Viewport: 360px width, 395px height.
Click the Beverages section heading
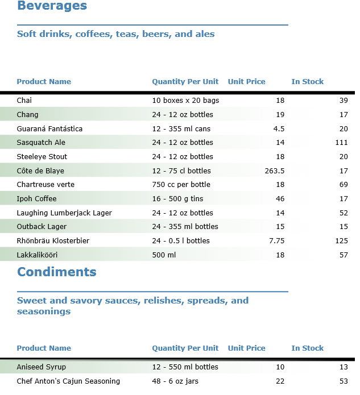point(52,6)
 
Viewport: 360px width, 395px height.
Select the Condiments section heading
point(57,272)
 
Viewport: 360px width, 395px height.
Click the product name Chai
point(24,101)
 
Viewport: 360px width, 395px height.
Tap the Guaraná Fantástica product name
point(49,129)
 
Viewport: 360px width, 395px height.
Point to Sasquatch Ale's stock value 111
point(341,143)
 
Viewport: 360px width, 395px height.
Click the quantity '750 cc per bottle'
point(181,185)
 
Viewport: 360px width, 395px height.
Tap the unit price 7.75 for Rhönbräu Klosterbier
point(276,241)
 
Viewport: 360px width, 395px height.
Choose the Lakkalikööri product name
point(37,255)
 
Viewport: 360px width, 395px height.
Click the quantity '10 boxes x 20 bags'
point(185,101)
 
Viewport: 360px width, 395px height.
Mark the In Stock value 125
point(341,241)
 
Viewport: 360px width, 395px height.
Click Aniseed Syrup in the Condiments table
point(42,367)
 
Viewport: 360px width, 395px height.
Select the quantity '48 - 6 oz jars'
point(175,381)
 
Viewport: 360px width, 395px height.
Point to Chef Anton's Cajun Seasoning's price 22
point(280,381)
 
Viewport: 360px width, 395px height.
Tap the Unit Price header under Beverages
point(246,82)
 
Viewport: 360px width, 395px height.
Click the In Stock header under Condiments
point(308,348)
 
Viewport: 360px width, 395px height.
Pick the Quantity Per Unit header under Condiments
point(185,348)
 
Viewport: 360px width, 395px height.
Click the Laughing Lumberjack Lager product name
point(64,213)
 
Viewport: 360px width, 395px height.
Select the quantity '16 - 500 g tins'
point(177,199)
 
